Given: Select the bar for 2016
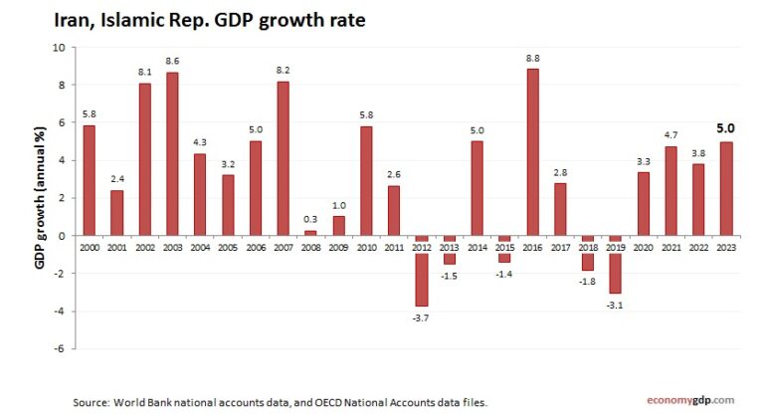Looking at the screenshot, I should point(532,151).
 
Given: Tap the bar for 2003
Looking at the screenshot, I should point(172,153).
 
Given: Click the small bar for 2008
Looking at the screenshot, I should point(310,233).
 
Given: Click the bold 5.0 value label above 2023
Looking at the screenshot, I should point(725,127).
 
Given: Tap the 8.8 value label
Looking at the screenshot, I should point(532,58).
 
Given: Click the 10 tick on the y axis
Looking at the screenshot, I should point(58,48).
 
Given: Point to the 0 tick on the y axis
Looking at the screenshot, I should point(61,236).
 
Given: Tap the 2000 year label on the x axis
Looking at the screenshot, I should point(90,246).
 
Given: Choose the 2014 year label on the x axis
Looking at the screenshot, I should point(477,246).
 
